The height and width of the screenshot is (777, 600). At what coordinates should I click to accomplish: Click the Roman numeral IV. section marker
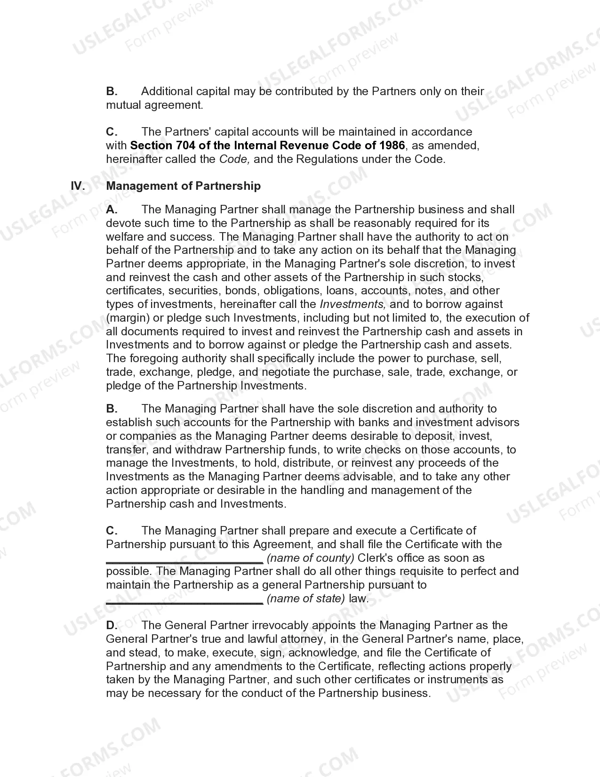(78, 186)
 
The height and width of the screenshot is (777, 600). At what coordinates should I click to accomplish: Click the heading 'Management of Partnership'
(183, 186)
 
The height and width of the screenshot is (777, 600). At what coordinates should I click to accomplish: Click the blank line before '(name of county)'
(184, 561)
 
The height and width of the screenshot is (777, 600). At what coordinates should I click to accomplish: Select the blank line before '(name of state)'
(184, 602)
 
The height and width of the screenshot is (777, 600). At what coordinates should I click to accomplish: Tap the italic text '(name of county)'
(310, 558)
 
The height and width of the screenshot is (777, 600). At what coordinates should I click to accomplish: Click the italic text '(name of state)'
(306, 599)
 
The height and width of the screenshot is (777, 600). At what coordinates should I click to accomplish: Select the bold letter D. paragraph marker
(112, 625)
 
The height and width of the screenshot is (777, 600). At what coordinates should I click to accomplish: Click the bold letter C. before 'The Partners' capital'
(112, 132)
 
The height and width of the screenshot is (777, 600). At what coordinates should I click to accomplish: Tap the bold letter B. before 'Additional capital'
(112, 91)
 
